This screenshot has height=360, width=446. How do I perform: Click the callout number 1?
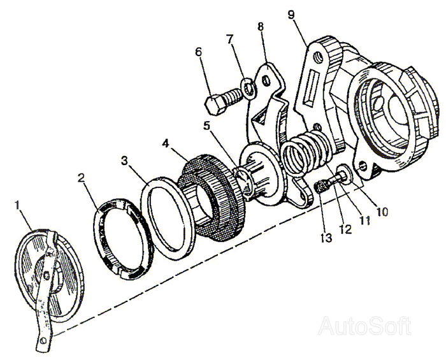[x=18, y=205]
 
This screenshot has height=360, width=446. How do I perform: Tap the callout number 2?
[x=82, y=178]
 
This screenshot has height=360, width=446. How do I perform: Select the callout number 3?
[x=125, y=161]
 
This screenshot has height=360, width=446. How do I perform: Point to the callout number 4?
[x=166, y=143]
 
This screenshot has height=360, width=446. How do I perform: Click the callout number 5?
[x=208, y=125]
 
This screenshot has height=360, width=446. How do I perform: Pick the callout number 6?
[x=199, y=52]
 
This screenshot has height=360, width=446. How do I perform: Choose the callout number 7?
[x=230, y=39]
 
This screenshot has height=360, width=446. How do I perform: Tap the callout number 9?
[x=291, y=15]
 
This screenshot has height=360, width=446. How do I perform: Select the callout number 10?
[x=382, y=212]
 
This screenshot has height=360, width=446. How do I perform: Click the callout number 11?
[x=365, y=220]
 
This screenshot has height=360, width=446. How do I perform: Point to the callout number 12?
[x=345, y=229]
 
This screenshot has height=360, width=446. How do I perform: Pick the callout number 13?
[x=326, y=238]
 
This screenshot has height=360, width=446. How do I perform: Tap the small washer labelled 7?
[x=248, y=88]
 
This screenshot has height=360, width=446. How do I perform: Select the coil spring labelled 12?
[x=307, y=153]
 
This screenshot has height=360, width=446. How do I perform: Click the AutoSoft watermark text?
[x=365, y=326]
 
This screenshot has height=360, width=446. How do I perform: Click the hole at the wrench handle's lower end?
[x=43, y=340]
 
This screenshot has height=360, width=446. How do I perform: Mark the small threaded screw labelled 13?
[x=322, y=187]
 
